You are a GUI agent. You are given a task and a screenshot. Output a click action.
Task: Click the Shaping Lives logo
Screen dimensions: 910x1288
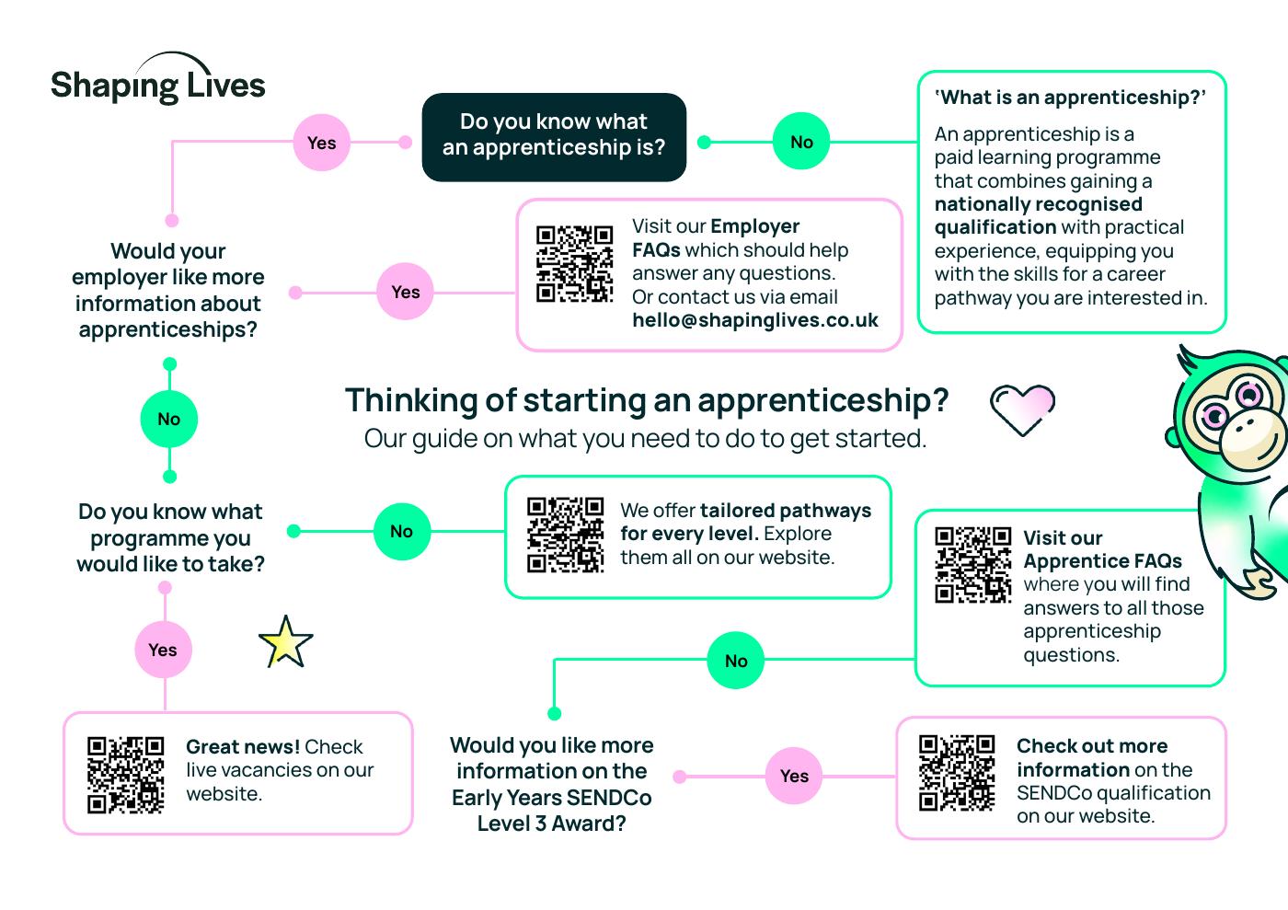[x=157, y=84]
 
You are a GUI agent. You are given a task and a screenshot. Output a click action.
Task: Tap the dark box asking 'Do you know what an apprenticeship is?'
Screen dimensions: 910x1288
[x=554, y=136]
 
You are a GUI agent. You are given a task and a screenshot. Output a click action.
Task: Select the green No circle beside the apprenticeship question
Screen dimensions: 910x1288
[x=801, y=142]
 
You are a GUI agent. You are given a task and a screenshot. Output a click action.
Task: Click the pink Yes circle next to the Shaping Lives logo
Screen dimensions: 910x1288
[x=321, y=143]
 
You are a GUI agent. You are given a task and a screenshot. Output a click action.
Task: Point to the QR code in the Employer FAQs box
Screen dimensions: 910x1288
[x=574, y=263]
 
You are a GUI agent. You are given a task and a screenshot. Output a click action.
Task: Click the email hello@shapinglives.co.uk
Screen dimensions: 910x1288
[x=754, y=320]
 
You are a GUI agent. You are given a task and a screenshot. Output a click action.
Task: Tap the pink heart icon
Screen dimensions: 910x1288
[x=1022, y=408]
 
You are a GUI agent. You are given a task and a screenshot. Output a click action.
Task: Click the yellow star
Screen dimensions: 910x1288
[x=285, y=642]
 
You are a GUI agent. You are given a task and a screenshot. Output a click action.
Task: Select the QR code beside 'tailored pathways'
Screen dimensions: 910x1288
[x=565, y=535]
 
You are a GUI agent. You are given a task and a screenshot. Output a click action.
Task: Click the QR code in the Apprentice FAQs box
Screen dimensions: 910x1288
[x=972, y=565]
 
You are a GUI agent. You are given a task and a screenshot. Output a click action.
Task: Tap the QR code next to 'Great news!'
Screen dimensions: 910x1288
[x=125, y=775]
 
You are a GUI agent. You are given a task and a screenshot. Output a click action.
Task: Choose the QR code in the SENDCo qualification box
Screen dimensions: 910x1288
[x=957, y=772]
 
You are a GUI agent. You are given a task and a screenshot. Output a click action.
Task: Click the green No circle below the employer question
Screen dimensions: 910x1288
[x=168, y=420]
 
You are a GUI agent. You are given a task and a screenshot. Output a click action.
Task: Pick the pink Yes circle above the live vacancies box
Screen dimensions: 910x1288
[x=163, y=650]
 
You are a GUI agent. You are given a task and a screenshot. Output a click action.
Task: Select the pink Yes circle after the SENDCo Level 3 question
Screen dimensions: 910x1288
[x=794, y=776]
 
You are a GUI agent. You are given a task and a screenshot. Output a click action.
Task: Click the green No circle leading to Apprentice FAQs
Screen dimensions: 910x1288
[x=736, y=661]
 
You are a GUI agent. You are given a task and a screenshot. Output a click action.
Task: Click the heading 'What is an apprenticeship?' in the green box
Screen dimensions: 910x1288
[x=1069, y=98]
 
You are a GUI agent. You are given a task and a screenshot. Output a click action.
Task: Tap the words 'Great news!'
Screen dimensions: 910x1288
[x=243, y=746]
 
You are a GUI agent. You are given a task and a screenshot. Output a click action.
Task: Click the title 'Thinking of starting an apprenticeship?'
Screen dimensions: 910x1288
[x=646, y=400]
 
